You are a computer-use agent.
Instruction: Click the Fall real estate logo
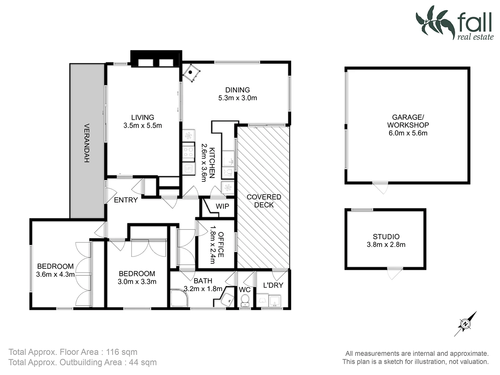click(x=455, y=23)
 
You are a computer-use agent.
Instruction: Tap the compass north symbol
click(x=465, y=324)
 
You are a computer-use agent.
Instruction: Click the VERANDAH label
click(x=87, y=143)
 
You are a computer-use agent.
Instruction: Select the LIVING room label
click(x=142, y=117)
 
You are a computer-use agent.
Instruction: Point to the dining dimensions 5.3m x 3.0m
click(x=237, y=98)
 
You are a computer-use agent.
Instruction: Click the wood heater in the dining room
click(x=191, y=73)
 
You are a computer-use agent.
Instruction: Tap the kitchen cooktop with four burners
click(x=188, y=152)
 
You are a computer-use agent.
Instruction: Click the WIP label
click(x=222, y=206)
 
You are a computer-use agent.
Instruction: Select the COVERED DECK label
click(x=264, y=201)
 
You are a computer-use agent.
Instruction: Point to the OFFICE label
click(x=221, y=245)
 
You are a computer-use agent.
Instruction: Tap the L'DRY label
click(x=273, y=285)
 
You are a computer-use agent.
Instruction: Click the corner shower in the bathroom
click(x=179, y=298)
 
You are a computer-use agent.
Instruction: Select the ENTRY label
click(x=126, y=200)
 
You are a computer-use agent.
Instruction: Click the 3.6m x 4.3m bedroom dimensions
click(x=55, y=274)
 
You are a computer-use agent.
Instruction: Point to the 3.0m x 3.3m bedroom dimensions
click(x=137, y=282)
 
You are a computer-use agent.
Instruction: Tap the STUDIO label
click(x=386, y=237)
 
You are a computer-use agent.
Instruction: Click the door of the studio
click(x=395, y=273)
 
